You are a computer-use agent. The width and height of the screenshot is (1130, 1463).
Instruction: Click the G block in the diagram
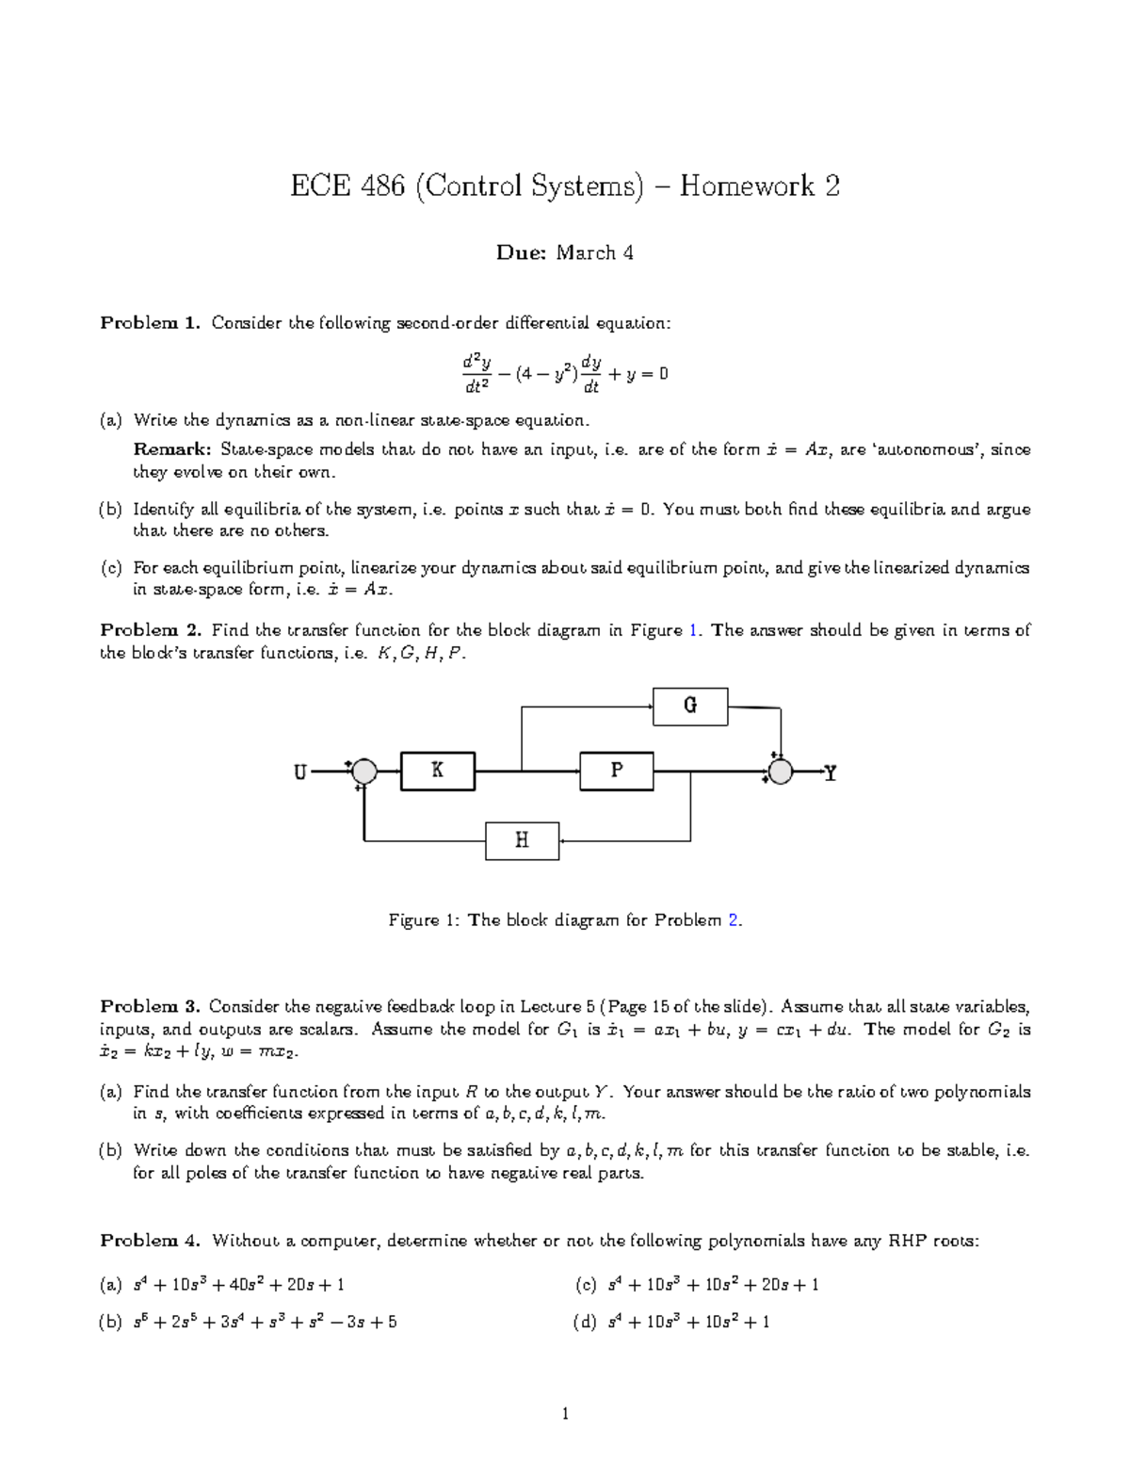pyautogui.click(x=690, y=706)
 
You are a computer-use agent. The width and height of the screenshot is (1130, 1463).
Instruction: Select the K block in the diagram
pyautogui.click(x=438, y=771)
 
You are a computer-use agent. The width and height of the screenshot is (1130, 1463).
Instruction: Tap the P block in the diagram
pyautogui.click(x=617, y=771)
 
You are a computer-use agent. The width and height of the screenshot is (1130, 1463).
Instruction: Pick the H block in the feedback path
pyautogui.click(x=523, y=840)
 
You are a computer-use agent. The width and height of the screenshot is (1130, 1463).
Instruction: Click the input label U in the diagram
pyautogui.click(x=300, y=772)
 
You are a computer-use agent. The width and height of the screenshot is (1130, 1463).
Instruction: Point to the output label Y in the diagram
pyautogui.click(x=830, y=773)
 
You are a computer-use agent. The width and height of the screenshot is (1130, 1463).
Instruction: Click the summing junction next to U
pyautogui.click(x=364, y=772)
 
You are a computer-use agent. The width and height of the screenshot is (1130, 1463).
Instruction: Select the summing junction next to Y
pyautogui.click(x=780, y=772)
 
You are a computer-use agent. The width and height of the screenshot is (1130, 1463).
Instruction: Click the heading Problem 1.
pyautogui.click(x=151, y=323)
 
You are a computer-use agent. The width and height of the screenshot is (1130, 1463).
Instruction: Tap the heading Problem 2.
pyautogui.click(x=151, y=630)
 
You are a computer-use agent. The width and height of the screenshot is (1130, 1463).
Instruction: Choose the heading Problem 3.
pyautogui.click(x=151, y=1006)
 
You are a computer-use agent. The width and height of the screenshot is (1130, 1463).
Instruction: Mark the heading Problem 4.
pyautogui.click(x=151, y=1241)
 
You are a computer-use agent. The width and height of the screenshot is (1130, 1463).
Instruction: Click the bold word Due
pyautogui.click(x=521, y=252)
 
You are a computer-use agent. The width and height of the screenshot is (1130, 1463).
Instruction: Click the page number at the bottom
pyautogui.click(x=565, y=1413)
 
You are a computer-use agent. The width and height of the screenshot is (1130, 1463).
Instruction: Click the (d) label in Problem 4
pyautogui.click(x=584, y=1322)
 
